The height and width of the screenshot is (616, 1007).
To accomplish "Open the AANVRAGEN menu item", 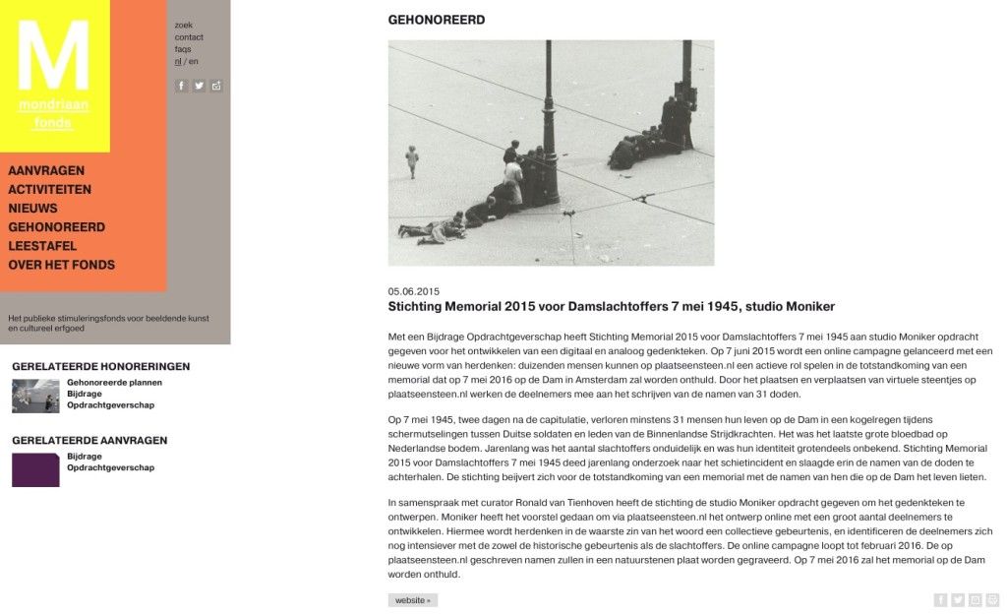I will pyautogui.click(x=46, y=171).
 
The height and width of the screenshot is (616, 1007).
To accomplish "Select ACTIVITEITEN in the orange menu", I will pyautogui.click(x=50, y=190).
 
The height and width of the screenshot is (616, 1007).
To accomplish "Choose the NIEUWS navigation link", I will pyautogui.click(x=33, y=209).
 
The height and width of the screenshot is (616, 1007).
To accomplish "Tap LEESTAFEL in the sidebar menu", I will pyautogui.click(x=43, y=246).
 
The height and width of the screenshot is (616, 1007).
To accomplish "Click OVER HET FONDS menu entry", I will pyautogui.click(x=62, y=265).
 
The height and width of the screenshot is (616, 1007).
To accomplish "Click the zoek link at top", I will pyautogui.click(x=184, y=25).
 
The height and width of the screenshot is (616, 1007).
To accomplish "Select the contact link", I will pyautogui.click(x=189, y=37).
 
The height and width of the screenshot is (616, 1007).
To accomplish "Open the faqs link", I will pyautogui.click(x=183, y=49).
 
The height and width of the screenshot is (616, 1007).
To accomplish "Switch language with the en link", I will pyautogui.click(x=194, y=61).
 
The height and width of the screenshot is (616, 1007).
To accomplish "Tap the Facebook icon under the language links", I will pyautogui.click(x=181, y=86).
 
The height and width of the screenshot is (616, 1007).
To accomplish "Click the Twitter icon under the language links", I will pyautogui.click(x=199, y=86).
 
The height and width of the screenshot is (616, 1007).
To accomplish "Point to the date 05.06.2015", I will pyautogui.click(x=414, y=292).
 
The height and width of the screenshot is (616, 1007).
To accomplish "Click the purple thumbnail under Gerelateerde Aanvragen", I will pyautogui.click(x=35, y=470).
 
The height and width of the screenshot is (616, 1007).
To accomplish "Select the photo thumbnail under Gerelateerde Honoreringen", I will pyautogui.click(x=35, y=396).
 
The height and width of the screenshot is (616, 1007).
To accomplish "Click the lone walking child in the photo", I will pyautogui.click(x=412, y=160).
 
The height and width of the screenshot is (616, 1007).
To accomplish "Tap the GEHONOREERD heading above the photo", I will pyautogui.click(x=437, y=20).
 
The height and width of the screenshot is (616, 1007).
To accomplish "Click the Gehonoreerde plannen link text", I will pyautogui.click(x=114, y=383).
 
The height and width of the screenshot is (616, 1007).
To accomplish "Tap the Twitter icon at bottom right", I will pyautogui.click(x=958, y=600).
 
